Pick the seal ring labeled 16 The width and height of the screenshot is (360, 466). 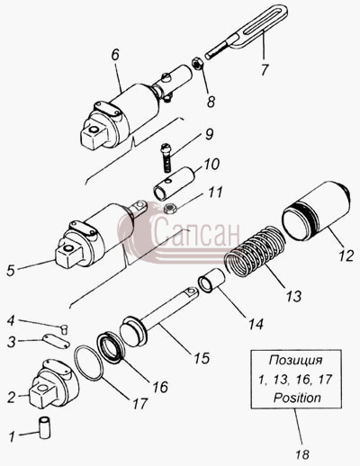pyautogui.click(x=112, y=348)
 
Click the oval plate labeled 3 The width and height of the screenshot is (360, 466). pyautogui.click(x=57, y=342)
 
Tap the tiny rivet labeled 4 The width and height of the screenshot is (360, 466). pyautogui.click(x=65, y=329)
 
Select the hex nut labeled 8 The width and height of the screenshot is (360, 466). pyautogui.click(x=197, y=64)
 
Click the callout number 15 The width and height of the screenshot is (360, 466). pyautogui.click(x=202, y=358)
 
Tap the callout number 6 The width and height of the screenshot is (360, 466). pyautogui.click(x=115, y=55)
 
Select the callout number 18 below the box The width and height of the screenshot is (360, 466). pyautogui.click(x=301, y=454)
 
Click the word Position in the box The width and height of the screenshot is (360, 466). pyautogui.click(x=297, y=398)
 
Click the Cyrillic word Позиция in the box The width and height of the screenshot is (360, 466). pyautogui.click(x=296, y=360)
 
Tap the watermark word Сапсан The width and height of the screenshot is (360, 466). pyautogui.click(x=197, y=232)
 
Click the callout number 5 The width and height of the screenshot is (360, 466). pyautogui.click(x=11, y=271)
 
